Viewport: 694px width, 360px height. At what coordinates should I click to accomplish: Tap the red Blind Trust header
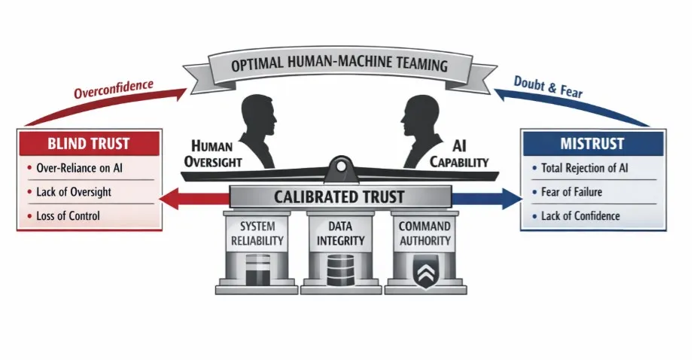point(89,143)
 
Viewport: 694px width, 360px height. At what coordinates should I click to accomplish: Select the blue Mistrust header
point(592,143)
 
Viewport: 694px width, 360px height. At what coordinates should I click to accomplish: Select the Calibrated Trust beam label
point(339,197)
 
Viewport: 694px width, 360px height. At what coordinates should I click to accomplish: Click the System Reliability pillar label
point(257,233)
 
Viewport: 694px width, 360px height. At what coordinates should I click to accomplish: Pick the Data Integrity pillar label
point(340,233)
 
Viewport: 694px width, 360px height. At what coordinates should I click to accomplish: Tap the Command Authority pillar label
point(425,233)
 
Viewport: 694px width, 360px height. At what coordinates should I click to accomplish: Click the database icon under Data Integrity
point(341,269)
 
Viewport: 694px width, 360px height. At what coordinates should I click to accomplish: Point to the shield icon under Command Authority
point(425,271)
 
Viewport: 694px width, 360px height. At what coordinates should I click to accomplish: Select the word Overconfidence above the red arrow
point(114,89)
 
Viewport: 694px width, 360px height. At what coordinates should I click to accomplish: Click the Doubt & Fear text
point(548,87)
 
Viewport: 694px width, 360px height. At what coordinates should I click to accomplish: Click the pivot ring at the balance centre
point(340,166)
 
